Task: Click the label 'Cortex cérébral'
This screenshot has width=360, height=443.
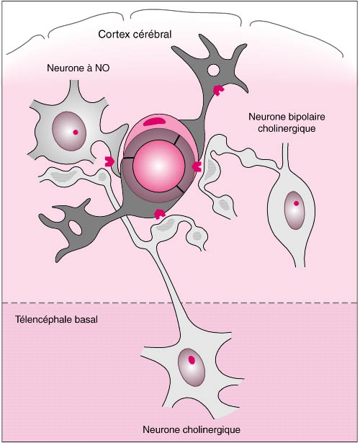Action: coord(135,35)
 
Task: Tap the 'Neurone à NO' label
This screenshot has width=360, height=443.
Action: coord(78,68)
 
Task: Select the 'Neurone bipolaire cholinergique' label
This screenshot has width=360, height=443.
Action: coord(287,122)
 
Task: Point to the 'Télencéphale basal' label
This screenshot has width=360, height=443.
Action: coord(56,320)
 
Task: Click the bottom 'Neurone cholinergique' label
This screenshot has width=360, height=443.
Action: coord(192,430)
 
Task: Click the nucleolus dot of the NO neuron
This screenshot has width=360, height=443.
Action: coord(76,132)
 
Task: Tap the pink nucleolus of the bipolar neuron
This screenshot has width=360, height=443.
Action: coord(296,203)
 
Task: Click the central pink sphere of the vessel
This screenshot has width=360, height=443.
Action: coord(158,166)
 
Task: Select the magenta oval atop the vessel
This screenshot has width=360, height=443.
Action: coord(155,122)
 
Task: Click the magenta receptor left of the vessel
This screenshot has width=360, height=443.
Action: coord(109,161)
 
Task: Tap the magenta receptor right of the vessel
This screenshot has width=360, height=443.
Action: coord(197,166)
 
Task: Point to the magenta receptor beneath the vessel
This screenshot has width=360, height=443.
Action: coord(160,214)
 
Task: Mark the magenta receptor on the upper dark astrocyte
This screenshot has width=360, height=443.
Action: coord(218,90)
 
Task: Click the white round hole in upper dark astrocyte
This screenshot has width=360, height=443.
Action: coord(213,71)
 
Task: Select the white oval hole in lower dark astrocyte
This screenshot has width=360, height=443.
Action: coord(75,228)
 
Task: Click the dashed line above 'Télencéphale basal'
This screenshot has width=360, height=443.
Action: coord(180,303)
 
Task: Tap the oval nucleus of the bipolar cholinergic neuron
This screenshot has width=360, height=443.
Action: coord(294,210)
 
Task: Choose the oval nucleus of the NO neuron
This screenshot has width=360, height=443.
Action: coord(69,131)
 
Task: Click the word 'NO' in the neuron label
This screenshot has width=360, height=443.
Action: coord(103,68)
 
